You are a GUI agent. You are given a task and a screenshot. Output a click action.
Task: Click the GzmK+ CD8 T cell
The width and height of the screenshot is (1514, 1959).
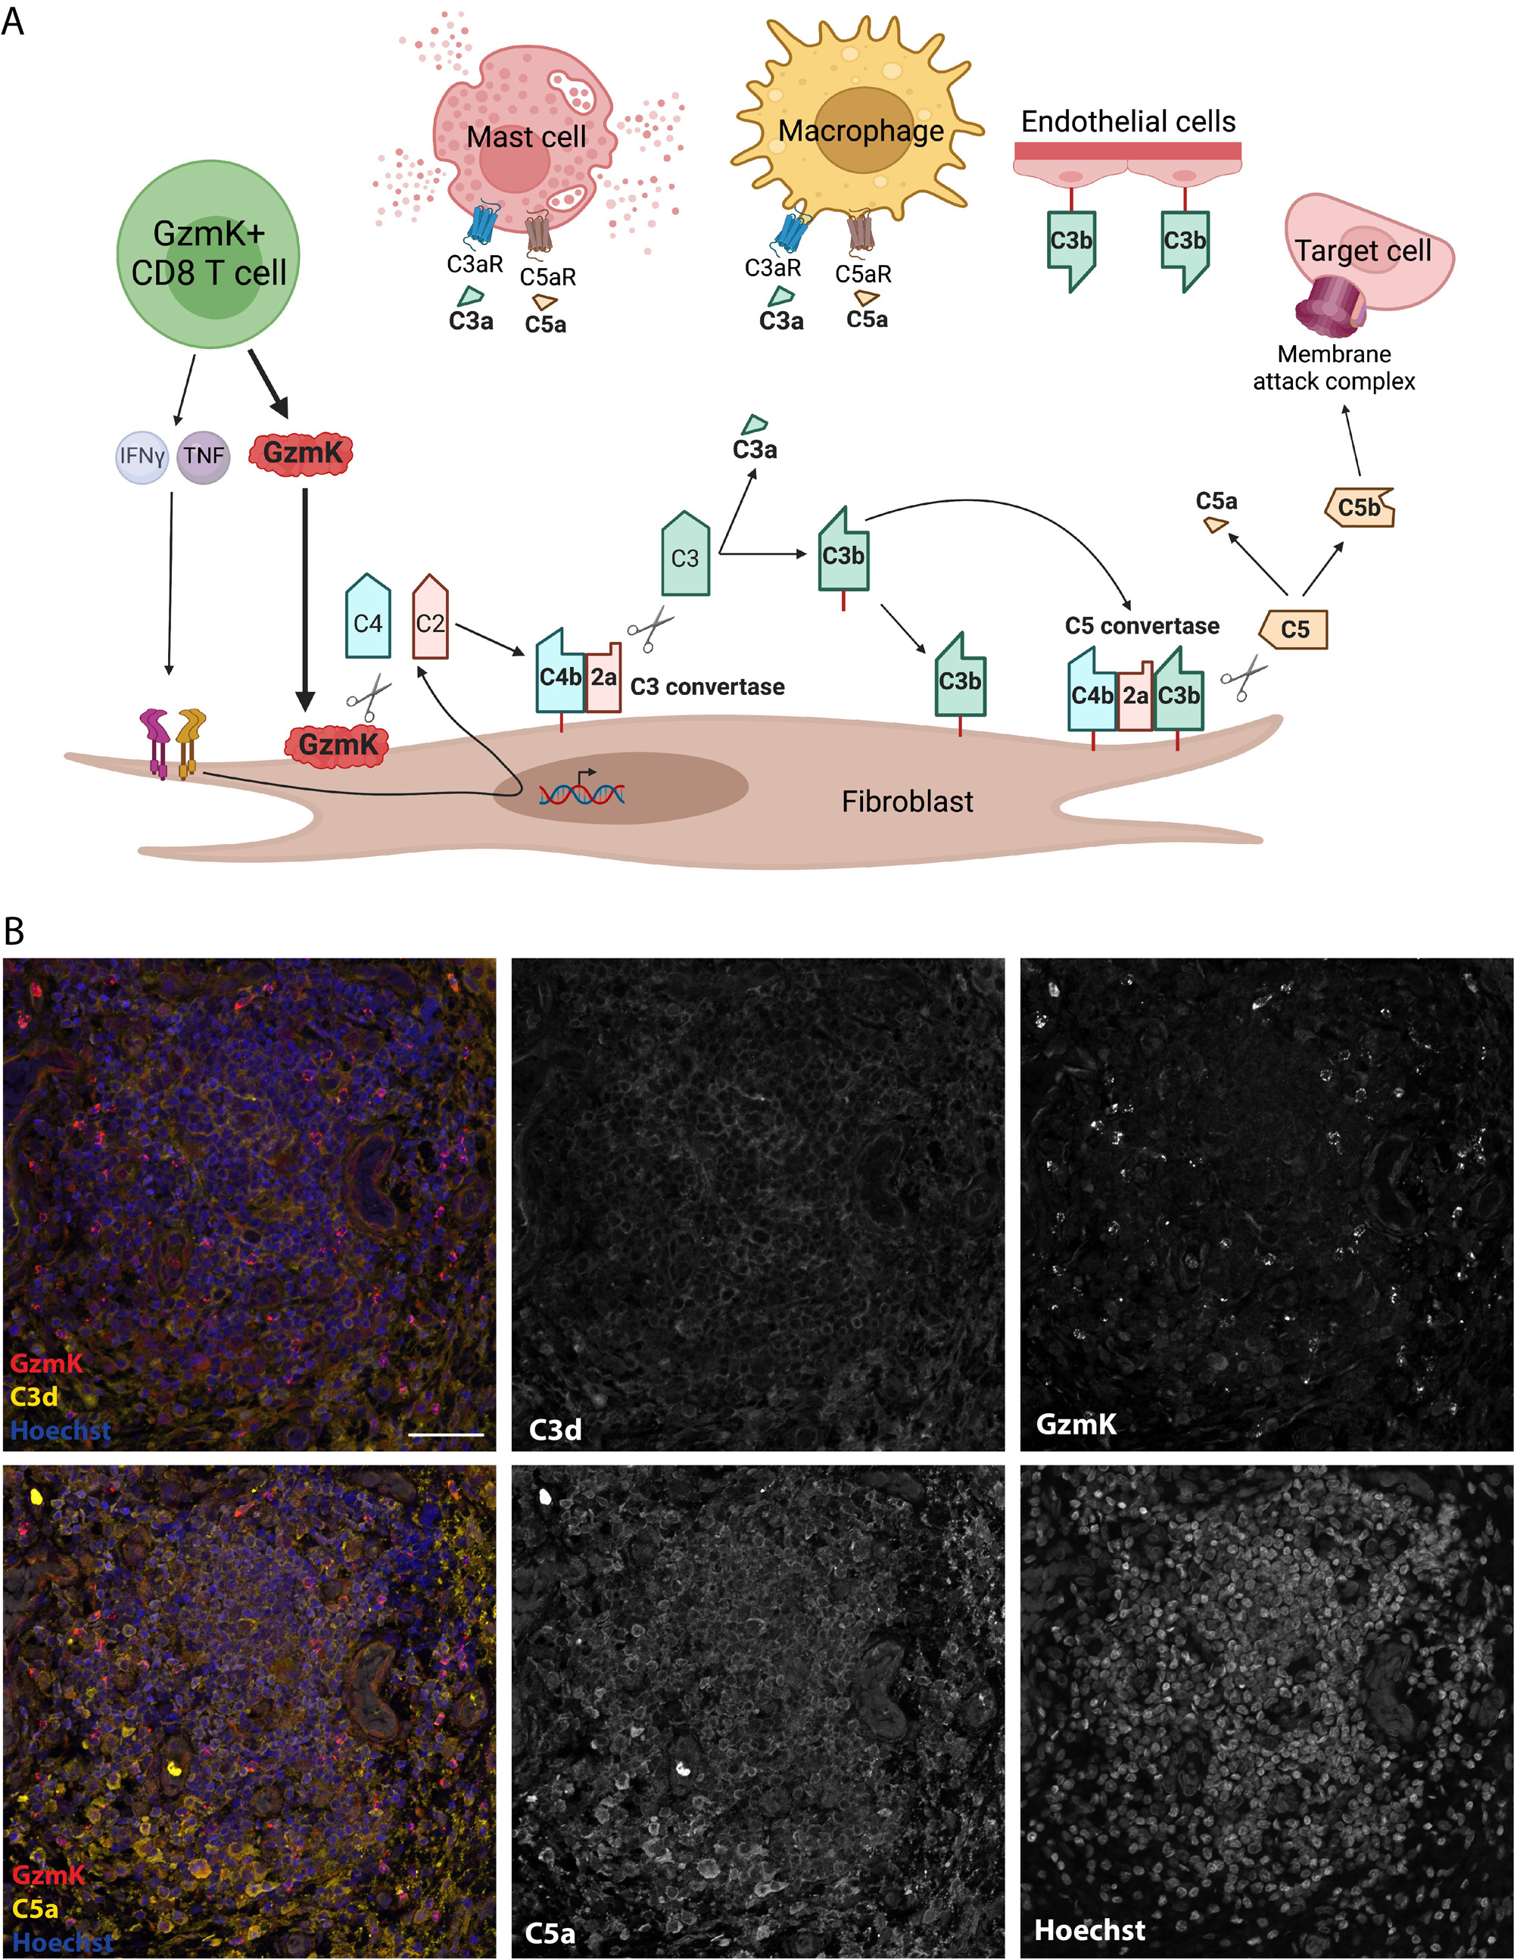click(208, 254)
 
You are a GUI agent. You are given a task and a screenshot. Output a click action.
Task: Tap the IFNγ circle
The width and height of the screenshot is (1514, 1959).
click(142, 456)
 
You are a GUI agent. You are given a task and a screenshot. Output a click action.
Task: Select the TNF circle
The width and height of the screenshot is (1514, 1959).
click(204, 456)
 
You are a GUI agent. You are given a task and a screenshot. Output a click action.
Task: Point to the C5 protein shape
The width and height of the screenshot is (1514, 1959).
click(1294, 629)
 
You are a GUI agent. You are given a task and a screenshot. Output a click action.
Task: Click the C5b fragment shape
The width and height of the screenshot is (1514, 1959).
click(1359, 508)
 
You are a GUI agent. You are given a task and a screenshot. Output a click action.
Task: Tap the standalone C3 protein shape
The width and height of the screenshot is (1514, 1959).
click(685, 556)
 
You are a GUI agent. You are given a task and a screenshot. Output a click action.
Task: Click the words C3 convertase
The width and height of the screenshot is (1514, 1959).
click(707, 687)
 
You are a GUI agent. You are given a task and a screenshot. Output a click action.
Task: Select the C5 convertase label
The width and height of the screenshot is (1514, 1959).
click(1142, 626)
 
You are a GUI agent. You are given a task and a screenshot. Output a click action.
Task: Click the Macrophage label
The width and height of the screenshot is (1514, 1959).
click(860, 131)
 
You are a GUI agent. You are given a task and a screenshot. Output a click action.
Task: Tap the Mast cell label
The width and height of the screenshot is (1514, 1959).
click(525, 137)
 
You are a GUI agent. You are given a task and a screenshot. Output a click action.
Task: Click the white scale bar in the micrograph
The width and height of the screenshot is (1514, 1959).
click(446, 1434)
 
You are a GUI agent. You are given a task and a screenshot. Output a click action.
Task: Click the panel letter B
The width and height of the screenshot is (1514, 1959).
click(14, 932)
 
